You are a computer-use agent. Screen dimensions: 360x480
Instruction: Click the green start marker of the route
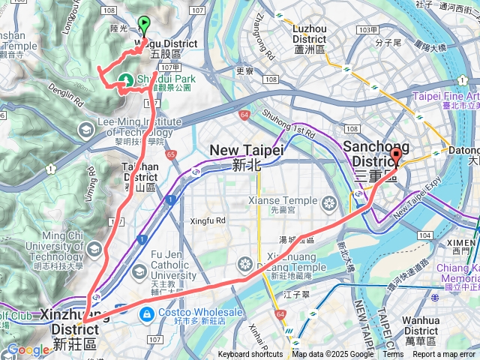[x=143, y=25]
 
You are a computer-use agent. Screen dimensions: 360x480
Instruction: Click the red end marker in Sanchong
[x=396, y=155]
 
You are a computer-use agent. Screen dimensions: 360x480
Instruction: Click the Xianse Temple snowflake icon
[x=328, y=203]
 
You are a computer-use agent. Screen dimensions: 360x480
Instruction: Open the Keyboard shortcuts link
[x=250, y=355]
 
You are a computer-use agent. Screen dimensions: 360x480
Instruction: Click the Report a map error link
[x=445, y=355]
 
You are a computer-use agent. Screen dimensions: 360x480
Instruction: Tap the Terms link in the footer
[x=393, y=355]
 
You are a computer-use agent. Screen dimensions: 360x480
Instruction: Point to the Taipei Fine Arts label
[x=446, y=97]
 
